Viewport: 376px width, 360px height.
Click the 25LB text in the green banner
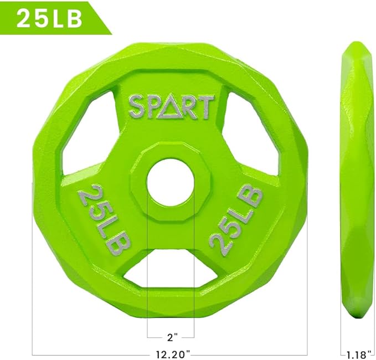[x=49, y=18]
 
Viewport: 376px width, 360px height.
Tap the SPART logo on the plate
[x=171, y=107]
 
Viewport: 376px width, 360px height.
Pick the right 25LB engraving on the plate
[x=236, y=219]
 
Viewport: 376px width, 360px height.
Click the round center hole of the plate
[x=171, y=182]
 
